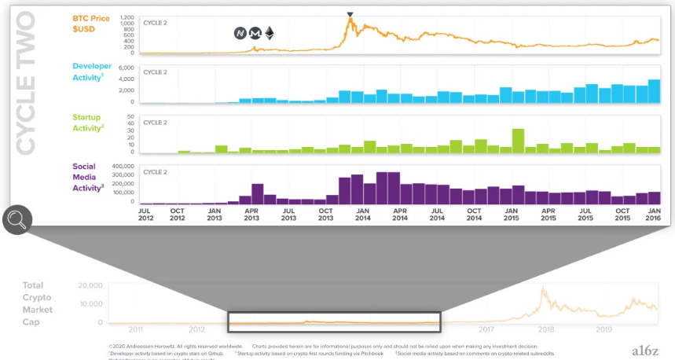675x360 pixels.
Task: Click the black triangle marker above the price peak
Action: pos(350,14)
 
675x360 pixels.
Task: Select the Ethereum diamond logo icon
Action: pos(270,33)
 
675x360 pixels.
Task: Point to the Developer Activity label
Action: pos(92,72)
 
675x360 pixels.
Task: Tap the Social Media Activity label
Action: pos(88,177)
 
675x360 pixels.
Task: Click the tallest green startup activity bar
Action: pos(518,140)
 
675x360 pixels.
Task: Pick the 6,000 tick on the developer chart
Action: pos(127,69)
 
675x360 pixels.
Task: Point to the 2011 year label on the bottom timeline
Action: pos(136,330)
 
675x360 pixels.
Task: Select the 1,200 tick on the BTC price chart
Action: pos(126,17)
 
